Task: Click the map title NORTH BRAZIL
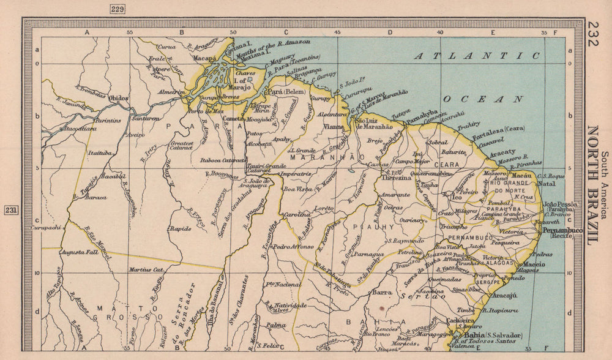(593, 185)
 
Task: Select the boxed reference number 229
(116, 8)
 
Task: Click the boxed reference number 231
(12, 209)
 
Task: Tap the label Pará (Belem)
(286, 92)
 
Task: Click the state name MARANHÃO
(313, 157)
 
